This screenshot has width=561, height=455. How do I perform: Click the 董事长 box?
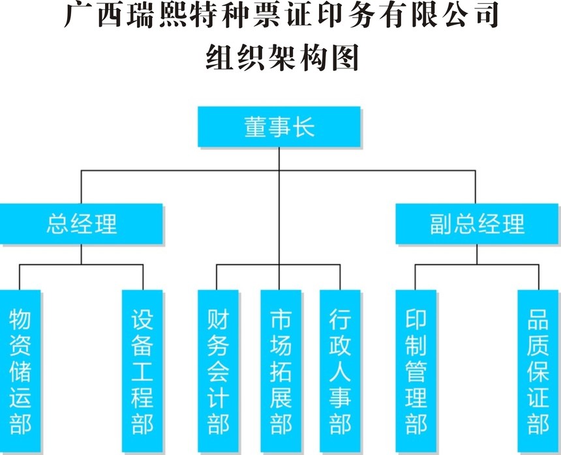coord(279,126)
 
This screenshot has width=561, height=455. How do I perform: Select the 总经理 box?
coord(81,224)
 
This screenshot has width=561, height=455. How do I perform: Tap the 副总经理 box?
coord(477,224)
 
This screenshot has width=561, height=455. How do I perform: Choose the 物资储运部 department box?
coord(20,372)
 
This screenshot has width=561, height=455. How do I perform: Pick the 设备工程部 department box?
coord(142,372)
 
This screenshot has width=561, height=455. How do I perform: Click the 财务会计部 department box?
coord(218,372)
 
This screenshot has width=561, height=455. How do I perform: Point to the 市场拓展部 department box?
coord(280,372)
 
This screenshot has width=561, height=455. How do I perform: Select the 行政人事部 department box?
coord(340,372)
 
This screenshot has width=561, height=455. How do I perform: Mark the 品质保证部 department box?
coord(538,372)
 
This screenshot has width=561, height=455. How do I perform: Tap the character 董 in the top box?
coord(256,126)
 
